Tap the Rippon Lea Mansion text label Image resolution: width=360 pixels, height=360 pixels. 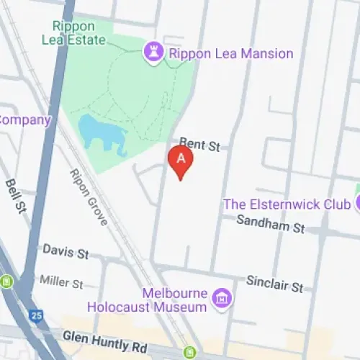tap(230, 53)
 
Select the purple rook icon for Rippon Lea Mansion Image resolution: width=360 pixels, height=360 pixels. tap(153, 53)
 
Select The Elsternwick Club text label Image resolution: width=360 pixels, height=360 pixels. tap(287, 204)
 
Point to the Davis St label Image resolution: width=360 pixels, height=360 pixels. tap(66, 253)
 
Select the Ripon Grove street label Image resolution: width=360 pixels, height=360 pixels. tap(89, 197)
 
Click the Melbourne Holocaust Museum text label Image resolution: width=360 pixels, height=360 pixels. tap(148, 300)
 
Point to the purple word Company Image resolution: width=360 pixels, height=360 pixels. tap(25, 120)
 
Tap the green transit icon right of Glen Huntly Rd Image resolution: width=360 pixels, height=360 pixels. tap(189, 352)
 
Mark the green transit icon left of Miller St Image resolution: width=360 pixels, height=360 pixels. tap(7, 281)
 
